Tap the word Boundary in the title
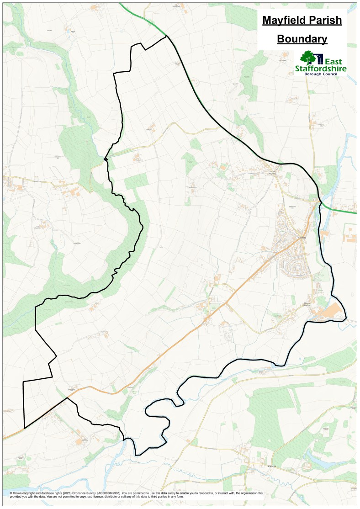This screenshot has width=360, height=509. (x=302, y=39)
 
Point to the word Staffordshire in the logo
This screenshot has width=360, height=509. (x=321, y=69)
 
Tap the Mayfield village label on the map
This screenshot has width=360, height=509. (x=301, y=238)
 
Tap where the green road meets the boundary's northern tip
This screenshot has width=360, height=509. (x=165, y=36)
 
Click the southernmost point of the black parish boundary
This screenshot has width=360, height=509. (x=137, y=455)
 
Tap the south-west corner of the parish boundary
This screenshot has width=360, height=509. (x=24, y=428)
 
